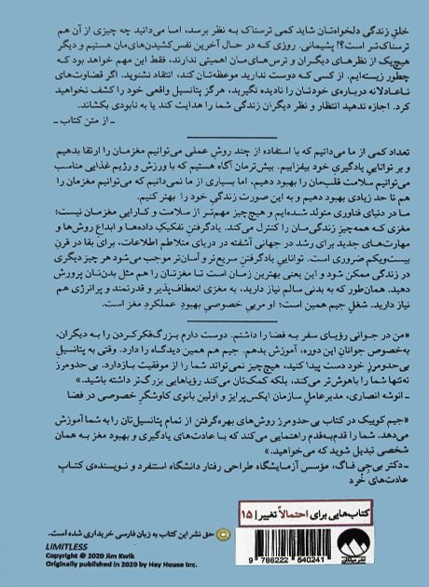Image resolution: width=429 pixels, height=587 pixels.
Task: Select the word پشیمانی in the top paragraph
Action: [320, 31]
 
